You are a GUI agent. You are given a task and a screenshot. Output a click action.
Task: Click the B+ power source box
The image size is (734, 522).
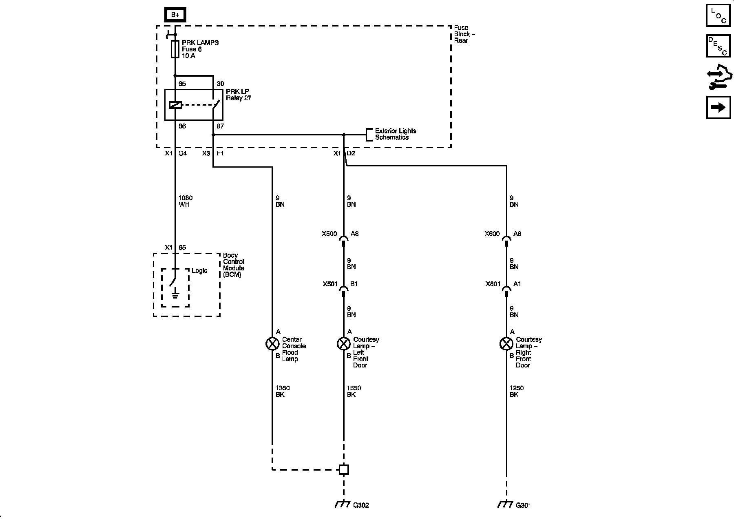click(x=175, y=15)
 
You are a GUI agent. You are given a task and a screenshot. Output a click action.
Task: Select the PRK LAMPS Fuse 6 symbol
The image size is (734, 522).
click(x=175, y=49)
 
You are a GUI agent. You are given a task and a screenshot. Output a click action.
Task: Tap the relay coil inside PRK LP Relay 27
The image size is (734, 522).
click(x=175, y=105)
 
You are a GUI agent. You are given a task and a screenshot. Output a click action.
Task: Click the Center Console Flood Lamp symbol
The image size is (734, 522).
click(x=272, y=344)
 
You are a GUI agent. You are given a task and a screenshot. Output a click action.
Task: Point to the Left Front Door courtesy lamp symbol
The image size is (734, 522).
click(x=343, y=344)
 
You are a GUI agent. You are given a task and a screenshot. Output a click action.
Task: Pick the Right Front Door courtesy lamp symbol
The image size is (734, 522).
click(x=506, y=344)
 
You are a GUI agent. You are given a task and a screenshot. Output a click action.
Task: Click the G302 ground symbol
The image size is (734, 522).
click(x=343, y=504)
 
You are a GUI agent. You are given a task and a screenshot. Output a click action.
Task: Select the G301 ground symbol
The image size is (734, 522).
click(x=505, y=504)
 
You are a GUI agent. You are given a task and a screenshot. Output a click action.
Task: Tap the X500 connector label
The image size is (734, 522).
click(x=329, y=234)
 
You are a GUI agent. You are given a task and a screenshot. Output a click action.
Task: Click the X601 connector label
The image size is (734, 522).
click(x=493, y=284)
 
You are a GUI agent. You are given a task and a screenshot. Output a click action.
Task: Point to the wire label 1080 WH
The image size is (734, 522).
click(x=185, y=201)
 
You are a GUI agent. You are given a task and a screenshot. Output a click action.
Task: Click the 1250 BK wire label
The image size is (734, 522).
click(x=516, y=391)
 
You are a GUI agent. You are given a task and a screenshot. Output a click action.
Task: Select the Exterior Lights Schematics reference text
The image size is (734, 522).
click(x=395, y=134)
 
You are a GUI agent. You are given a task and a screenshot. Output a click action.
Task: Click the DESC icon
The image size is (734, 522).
click(x=718, y=46)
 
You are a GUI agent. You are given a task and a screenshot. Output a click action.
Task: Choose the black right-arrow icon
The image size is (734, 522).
click(x=718, y=107)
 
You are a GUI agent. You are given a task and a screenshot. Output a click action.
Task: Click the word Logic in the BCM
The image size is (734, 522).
click(x=199, y=271)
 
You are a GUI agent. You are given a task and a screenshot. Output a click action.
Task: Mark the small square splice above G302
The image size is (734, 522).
click(x=344, y=470)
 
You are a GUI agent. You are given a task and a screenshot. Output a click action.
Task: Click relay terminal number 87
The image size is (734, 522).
click(x=220, y=126)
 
